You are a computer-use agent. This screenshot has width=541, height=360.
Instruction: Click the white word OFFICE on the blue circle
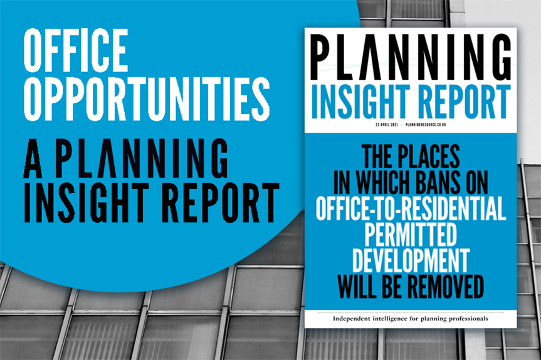76,50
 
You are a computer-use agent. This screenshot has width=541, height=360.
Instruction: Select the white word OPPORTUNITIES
147,99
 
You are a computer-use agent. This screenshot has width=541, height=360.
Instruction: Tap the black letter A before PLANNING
33,158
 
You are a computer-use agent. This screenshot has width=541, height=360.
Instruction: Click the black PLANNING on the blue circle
142,158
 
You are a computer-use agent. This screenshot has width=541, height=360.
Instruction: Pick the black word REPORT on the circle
221,203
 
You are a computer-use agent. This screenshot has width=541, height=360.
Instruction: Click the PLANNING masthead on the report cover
411,57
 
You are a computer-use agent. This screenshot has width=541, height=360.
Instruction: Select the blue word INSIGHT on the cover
360,102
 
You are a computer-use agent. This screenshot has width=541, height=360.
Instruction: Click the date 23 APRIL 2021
386,125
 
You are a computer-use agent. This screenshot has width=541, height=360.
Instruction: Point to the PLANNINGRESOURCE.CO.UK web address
426,125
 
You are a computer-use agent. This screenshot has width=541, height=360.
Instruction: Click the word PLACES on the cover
429,157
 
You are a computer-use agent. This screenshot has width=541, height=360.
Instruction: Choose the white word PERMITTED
411,235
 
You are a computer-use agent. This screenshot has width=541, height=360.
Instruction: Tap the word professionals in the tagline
468,319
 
